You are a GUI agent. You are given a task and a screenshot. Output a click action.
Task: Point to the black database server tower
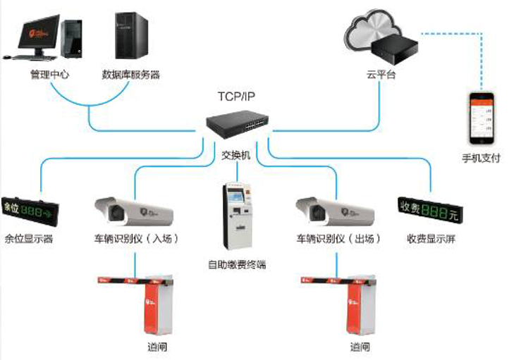(x=129, y=35)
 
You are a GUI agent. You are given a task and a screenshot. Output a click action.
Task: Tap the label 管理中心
(x=49, y=74)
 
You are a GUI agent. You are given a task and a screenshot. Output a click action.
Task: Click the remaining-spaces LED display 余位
(x=24, y=209)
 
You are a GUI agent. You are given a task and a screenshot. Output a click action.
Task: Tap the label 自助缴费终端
(x=237, y=265)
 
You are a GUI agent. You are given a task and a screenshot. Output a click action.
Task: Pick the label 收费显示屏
(x=430, y=239)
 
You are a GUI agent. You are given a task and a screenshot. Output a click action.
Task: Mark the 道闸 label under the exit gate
(x=360, y=347)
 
